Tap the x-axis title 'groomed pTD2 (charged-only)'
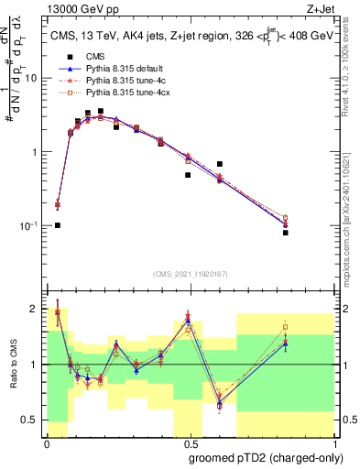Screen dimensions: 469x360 pyautogui.click(x=266, y=458)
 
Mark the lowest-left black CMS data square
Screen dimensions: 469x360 pyautogui.click(x=58, y=225)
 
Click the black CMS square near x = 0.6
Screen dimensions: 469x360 pyautogui.click(x=220, y=164)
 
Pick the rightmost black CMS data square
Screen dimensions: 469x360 pyautogui.click(x=286, y=233)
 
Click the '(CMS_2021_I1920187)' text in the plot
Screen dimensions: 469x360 pyautogui.click(x=191, y=273)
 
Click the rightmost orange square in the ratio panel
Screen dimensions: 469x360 pyautogui.click(x=286, y=327)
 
